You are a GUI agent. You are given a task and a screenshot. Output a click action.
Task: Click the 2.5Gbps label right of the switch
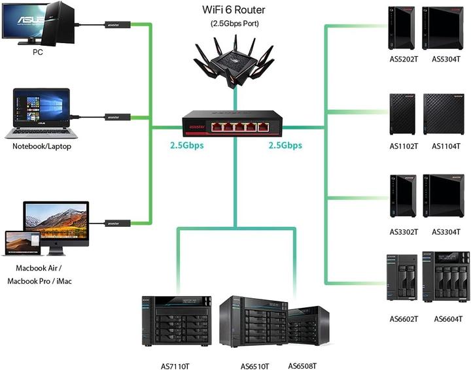click(x=285, y=145)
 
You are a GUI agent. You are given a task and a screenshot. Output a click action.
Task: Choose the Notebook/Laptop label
click(x=42, y=146)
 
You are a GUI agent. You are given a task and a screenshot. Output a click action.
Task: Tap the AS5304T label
click(x=446, y=59)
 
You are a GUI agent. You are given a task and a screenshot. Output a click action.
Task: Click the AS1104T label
click(x=446, y=146)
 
